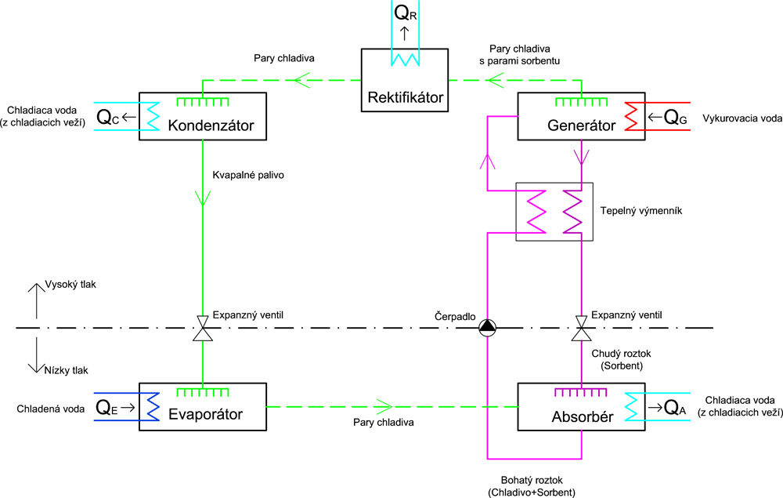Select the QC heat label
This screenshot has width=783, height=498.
pos(109,118)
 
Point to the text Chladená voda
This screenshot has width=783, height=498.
pos(49,408)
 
